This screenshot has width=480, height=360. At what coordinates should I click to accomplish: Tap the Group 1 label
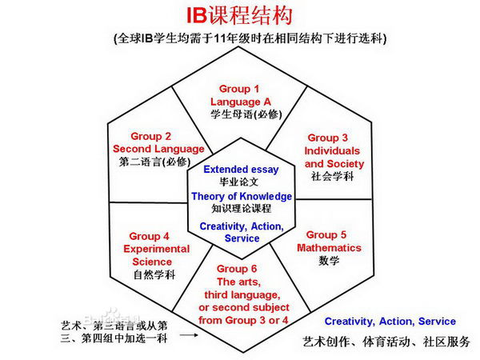(x=239, y=88)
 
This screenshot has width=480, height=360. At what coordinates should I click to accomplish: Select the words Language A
(x=239, y=102)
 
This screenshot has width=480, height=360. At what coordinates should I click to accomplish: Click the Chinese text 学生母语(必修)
(x=239, y=114)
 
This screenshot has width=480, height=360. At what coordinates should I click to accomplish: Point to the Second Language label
(x=150, y=149)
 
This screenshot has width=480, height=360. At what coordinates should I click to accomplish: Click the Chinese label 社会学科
(x=329, y=176)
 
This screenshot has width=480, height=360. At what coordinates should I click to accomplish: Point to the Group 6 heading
(x=242, y=269)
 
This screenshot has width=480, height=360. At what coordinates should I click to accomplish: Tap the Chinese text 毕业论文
(x=241, y=182)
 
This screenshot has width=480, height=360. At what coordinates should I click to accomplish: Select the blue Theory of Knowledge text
(x=242, y=196)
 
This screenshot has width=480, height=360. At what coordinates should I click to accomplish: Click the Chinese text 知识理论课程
(x=241, y=209)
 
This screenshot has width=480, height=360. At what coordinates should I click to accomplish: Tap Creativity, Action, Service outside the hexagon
(x=390, y=322)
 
